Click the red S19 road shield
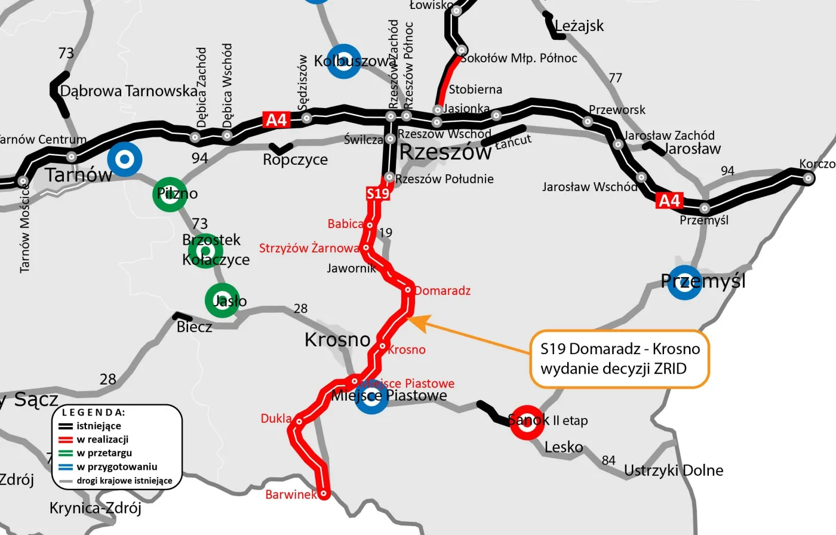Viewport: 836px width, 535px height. pyautogui.click(x=378, y=193)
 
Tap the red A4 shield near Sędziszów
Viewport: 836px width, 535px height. pyautogui.click(x=276, y=120)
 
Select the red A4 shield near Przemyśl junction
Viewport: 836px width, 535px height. pyautogui.click(x=669, y=201)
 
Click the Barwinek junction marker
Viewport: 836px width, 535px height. pyautogui.click(x=324, y=494)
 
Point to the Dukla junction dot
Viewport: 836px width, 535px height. pyautogui.click(x=299, y=422)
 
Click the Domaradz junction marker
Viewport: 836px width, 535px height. pyautogui.click(x=408, y=290)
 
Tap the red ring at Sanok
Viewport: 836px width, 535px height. pyautogui.click(x=527, y=422)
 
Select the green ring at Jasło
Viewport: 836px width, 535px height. pyautogui.click(x=222, y=300)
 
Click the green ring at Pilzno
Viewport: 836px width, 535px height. pyautogui.click(x=170, y=194)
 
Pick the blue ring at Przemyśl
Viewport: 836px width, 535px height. pyautogui.click(x=685, y=282)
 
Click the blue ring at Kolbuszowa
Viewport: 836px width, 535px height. pyautogui.click(x=343, y=62)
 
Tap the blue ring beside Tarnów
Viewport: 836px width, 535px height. pyautogui.click(x=125, y=159)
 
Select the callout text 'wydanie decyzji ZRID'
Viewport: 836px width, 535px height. pyautogui.click(x=613, y=368)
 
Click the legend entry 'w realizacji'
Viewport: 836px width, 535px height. pyautogui.click(x=102, y=439)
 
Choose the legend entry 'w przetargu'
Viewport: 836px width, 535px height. pyautogui.click(x=104, y=453)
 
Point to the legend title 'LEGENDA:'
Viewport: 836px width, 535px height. pyautogui.click(x=94, y=413)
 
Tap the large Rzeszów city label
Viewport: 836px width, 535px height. pyautogui.click(x=445, y=152)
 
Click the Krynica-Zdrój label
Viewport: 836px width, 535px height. pyautogui.click(x=96, y=508)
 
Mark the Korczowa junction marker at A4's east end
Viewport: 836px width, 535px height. pyautogui.click(x=808, y=177)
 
